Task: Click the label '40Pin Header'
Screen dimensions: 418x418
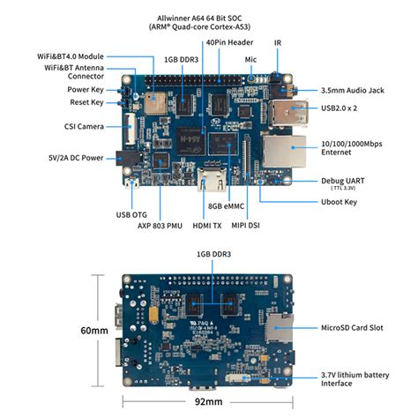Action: [229, 42]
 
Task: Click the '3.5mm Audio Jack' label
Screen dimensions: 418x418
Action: [352, 91]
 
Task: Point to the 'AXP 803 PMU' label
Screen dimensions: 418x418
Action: [159, 225]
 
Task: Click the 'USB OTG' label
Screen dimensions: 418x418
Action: [131, 214]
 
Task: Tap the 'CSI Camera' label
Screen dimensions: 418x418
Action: [84, 126]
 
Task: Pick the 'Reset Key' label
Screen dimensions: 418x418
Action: [86, 102]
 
